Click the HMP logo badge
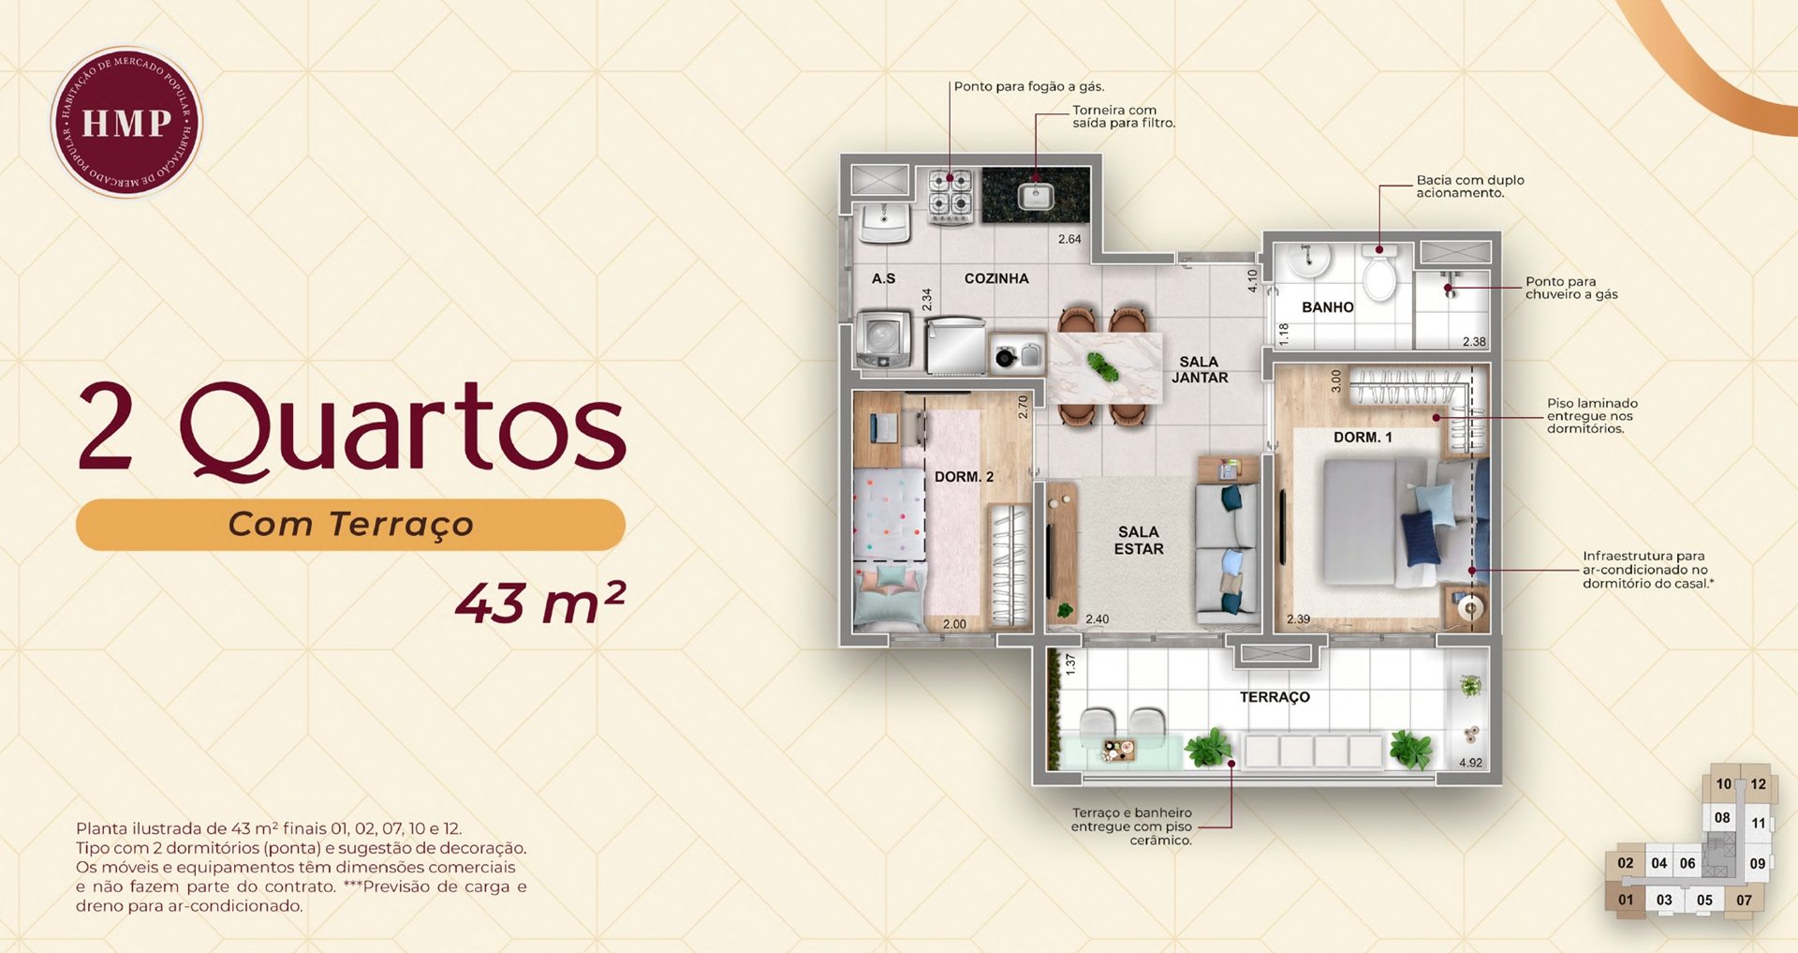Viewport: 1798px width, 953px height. [x=126, y=123]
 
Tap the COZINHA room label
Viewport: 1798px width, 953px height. [x=996, y=278]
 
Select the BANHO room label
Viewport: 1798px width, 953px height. [x=1327, y=307]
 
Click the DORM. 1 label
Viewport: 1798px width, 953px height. [x=1363, y=438]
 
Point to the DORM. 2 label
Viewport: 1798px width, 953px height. [x=964, y=477]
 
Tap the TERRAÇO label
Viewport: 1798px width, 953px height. [x=1275, y=697]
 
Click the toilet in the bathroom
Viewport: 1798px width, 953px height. [x=1379, y=271]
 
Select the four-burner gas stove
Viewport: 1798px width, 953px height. [x=951, y=196]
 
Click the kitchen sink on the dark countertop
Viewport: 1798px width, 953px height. [x=1036, y=197]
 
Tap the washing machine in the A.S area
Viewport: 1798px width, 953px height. [x=883, y=340]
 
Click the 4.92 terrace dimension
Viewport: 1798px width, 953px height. [x=1470, y=763]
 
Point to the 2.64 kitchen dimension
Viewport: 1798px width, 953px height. [x=1069, y=239]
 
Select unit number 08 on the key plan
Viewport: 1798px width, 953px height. [x=1722, y=817]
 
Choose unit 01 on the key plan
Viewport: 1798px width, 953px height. [x=1626, y=900]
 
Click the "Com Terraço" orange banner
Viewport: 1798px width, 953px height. [x=350, y=525]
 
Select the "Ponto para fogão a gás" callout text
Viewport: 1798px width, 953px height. [x=1029, y=86]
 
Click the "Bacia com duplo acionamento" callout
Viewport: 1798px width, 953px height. [x=1470, y=186]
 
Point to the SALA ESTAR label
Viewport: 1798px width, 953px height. [x=1139, y=541]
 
